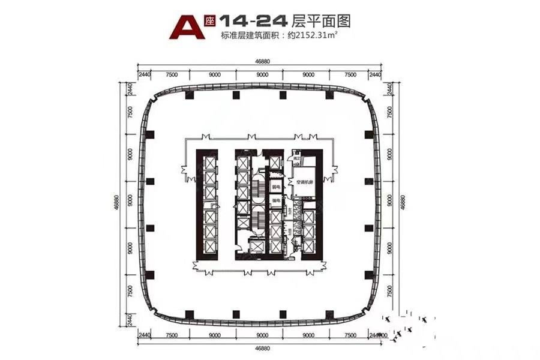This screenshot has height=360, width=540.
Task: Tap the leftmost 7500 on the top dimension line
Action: pyautogui.click(x=171, y=75)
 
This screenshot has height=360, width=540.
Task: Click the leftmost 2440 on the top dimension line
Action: pyautogui.click(x=143, y=75)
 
